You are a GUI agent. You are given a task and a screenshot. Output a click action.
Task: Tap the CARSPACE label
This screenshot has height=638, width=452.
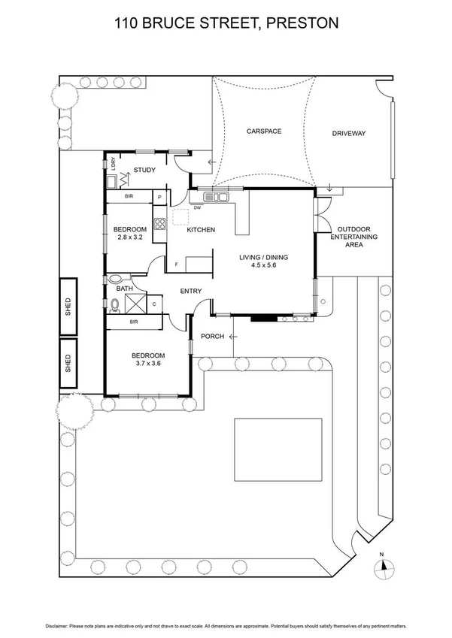(263, 131)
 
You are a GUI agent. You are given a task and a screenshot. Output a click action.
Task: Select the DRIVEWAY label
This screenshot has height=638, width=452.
(349, 134)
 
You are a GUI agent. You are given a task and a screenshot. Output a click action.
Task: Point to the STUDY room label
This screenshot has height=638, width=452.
(144, 170)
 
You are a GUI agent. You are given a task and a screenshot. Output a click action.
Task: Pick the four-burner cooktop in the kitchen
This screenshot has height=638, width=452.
(159, 223)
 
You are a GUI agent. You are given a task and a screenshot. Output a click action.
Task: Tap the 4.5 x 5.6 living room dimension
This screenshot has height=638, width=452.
(263, 265)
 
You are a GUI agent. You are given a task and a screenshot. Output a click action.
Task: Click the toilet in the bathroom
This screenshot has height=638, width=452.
(114, 304)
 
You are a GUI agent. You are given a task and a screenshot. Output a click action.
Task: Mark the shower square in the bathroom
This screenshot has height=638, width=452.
(136, 304)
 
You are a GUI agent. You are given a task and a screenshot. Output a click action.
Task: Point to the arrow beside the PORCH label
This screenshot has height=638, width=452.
(233, 336)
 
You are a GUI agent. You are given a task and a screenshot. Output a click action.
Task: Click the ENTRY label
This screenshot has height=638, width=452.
(191, 291)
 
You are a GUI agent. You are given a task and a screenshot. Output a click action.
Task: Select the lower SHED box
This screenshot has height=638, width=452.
(68, 361)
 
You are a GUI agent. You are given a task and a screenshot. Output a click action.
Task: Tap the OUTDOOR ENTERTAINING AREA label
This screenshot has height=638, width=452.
(356, 237)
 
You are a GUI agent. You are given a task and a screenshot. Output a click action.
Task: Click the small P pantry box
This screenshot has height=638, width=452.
(159, 198)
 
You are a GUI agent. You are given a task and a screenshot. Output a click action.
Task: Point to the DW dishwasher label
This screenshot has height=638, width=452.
(197, 207)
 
